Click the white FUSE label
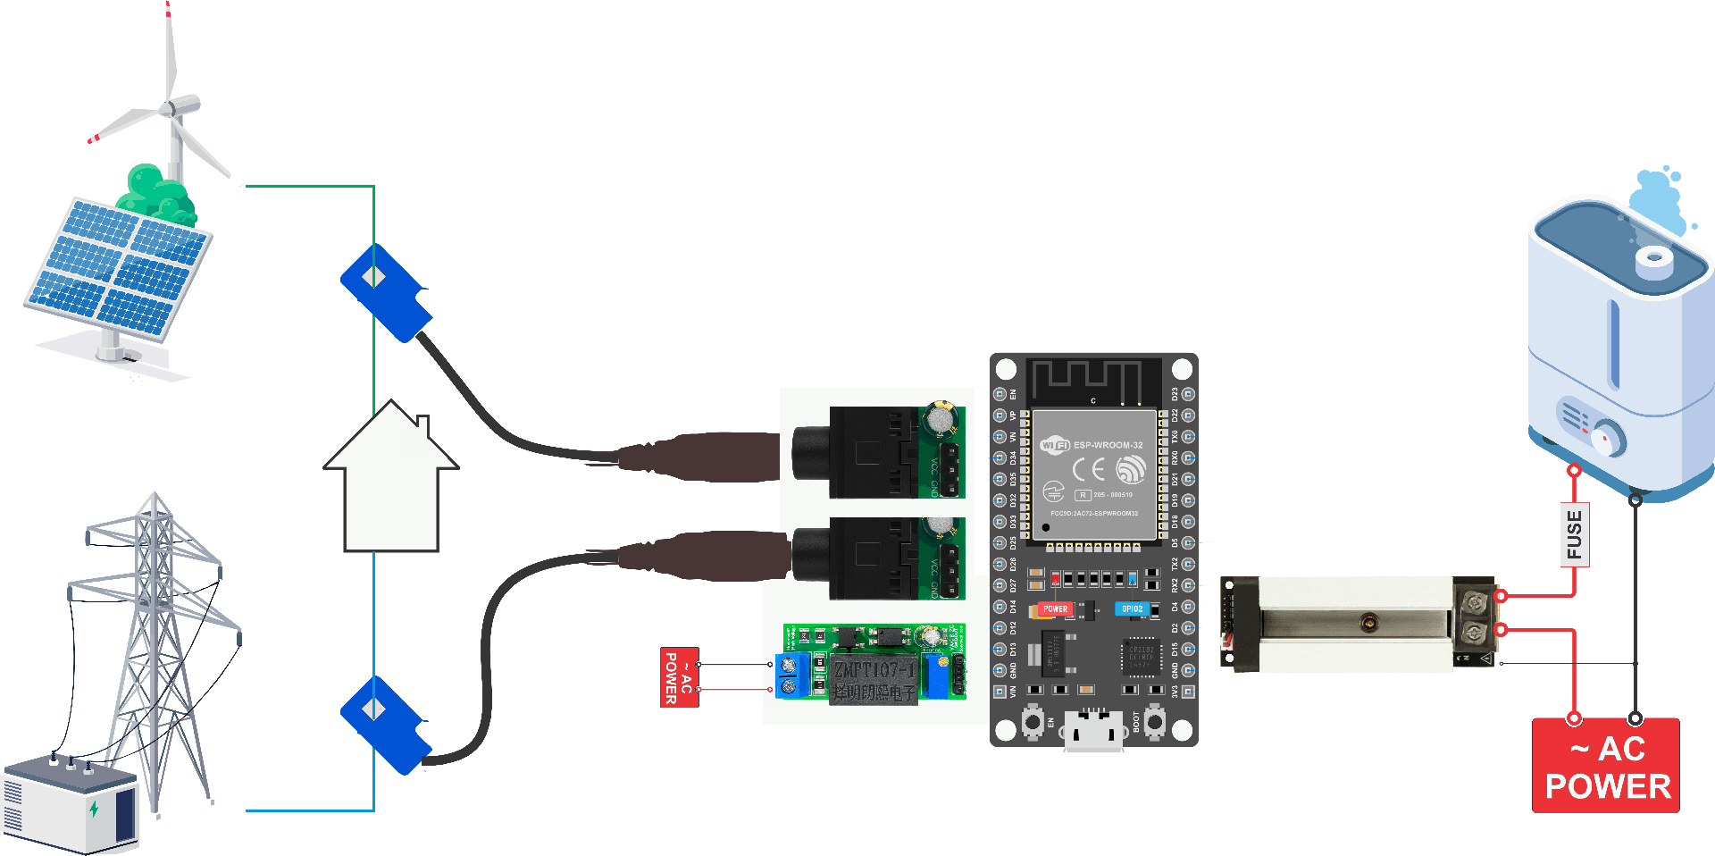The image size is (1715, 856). pyautogui.click(x=1574, y=535)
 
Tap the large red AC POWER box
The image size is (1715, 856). pyautogui.click(x=1606, y=766)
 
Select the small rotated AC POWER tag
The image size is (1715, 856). pyautogui.click(x=679, y=677)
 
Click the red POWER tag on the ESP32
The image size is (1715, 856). pyautogui.click(x=1055, y=609)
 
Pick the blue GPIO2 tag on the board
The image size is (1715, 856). pyautogui.click(x=1132, y=609)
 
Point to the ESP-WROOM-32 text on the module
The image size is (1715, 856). pyautogui.click(x=1108, y=445)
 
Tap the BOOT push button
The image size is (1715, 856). pyautogui.click(x=1154, y=720)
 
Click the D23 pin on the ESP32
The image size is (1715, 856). pyautogui.click(x=1188, y=394)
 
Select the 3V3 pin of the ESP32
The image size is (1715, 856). pyautogui.click(x=1188, y=692)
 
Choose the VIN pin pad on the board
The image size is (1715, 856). pyautogui.click(x=1000, y=692)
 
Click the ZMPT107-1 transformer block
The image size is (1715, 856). pyautogui.click(x=874, y=679)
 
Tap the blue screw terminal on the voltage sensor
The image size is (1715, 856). pyautogui.click(x=788, y=676)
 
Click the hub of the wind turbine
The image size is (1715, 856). pyautogui.click(x=168, y=109)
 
